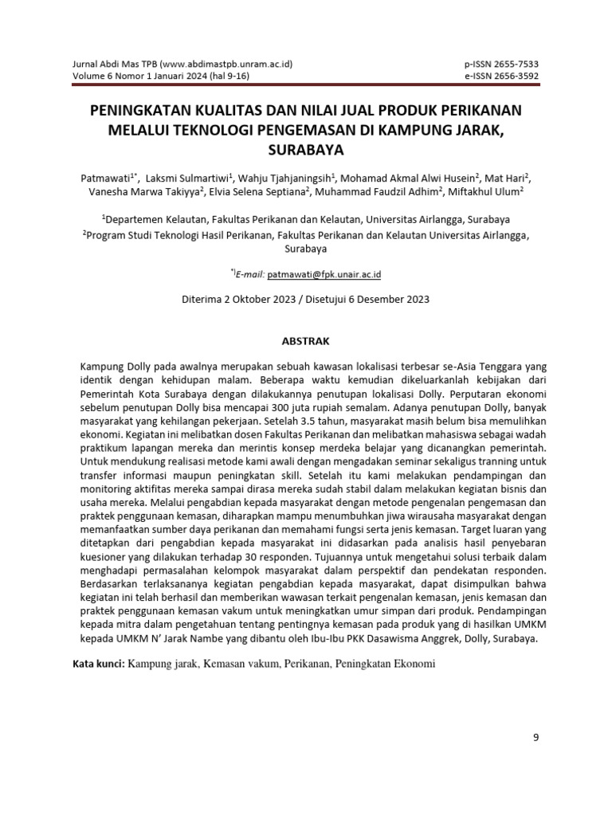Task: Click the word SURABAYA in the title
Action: (305, 148)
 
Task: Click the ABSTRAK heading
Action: (306, 340)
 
